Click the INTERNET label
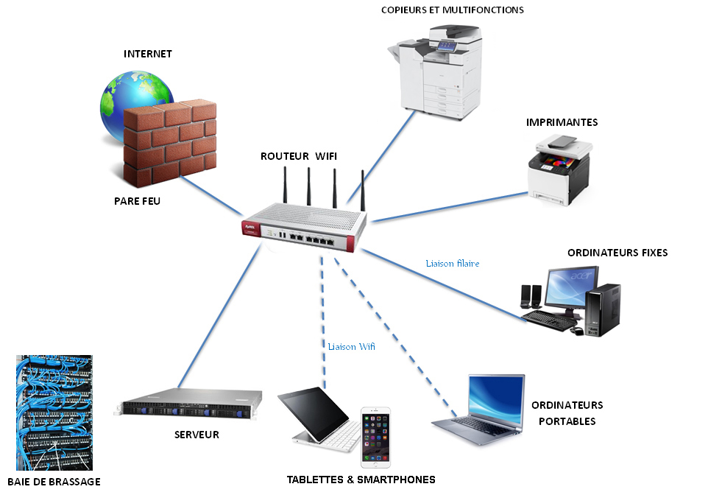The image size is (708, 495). click(148, 54)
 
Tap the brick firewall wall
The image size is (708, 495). click(169, 142)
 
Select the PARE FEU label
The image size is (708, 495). click(138, 201)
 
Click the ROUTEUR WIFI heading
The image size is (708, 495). click(299, 156)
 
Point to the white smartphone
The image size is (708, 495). click(375, 438)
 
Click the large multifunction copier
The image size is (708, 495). click(436, 72)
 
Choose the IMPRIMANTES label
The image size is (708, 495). click(562, 122)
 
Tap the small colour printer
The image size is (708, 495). click(560, 170)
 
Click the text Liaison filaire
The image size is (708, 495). click(453, 264)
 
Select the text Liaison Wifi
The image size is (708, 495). click(351, 347)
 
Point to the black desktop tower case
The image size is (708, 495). click(603, 310)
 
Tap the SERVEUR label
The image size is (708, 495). click(197, 435)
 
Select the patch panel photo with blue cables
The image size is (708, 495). click(54, 412)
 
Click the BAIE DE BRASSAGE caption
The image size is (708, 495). click(54, 482)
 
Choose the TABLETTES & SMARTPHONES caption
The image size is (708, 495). click(361, 480)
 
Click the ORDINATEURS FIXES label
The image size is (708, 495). click(617, 253)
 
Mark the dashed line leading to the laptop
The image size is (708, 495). click(395, 337)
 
